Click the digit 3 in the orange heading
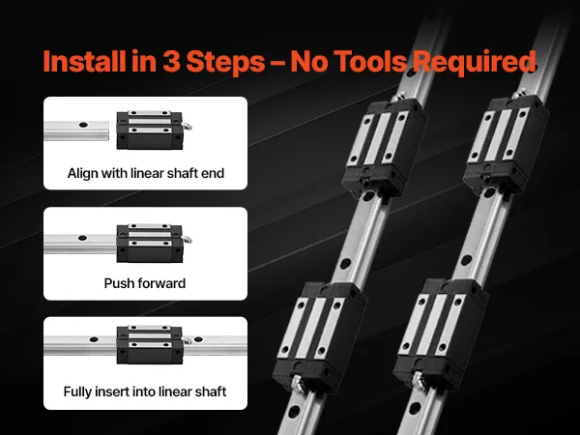[171, 61]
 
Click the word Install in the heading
[84, 61]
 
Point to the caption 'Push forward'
[145, 283]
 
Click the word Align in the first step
[82, 173]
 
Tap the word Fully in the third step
[77, 391]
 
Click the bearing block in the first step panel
[150, 130]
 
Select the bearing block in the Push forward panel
[150, 243]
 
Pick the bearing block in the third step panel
[150, 344]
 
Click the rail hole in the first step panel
[83, 125]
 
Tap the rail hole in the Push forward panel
[82, 238]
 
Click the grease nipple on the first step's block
[188, 127]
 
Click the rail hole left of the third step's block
[94, 339]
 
